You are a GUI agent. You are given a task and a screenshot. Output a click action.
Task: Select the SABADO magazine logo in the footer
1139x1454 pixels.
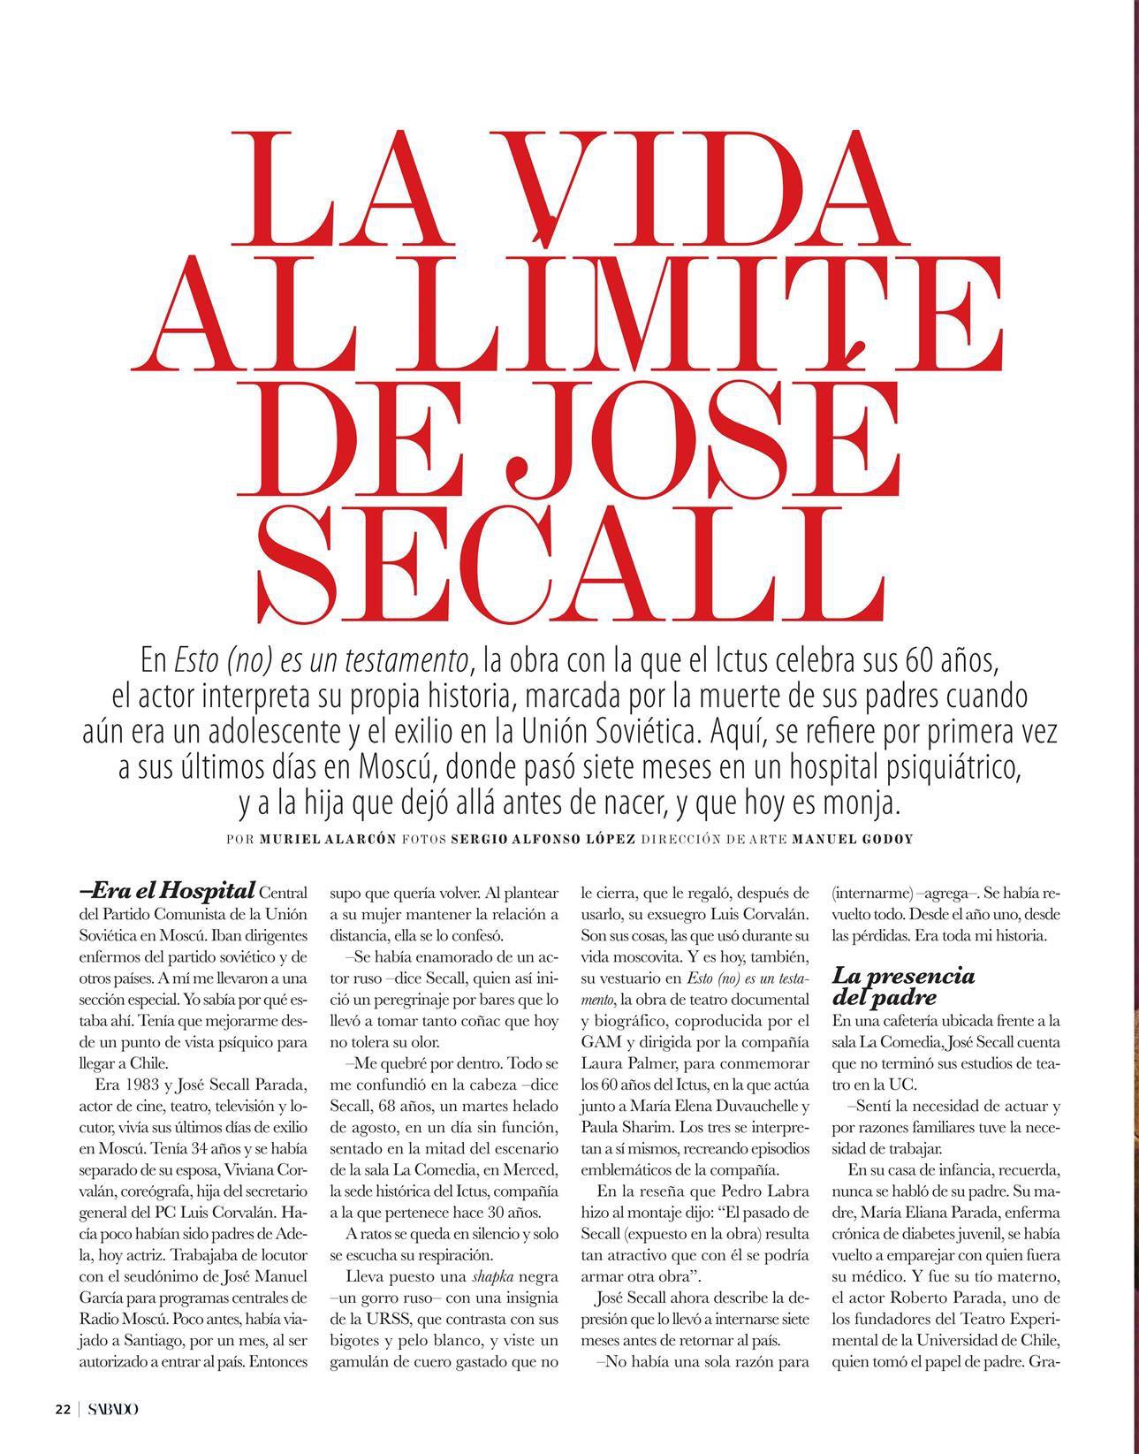(x=112, y=1409)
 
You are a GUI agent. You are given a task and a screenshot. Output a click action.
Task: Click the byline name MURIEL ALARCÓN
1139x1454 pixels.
(x=327, y=839)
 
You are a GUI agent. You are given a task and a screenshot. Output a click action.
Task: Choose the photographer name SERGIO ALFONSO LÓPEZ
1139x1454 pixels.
(x=543, y=839)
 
